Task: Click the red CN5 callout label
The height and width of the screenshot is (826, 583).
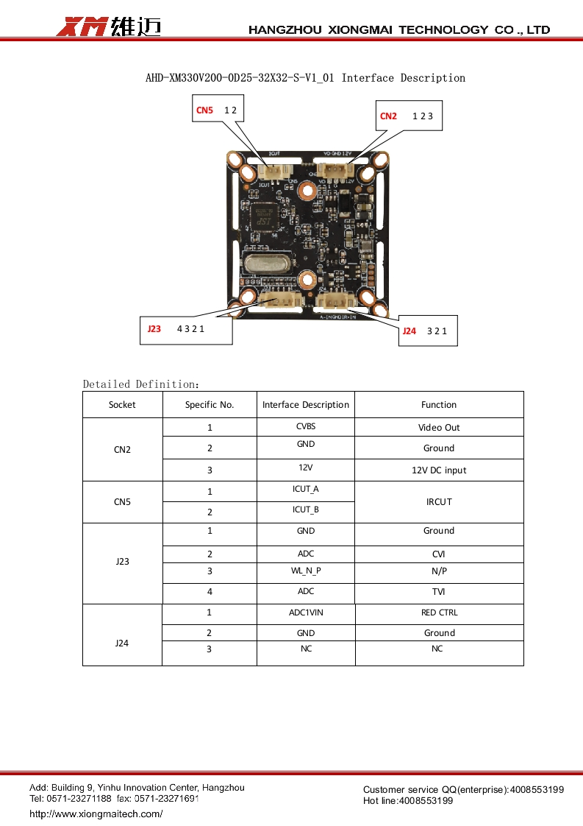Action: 204,110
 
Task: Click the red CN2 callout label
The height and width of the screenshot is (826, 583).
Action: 388,116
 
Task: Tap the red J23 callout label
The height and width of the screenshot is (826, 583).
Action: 154,329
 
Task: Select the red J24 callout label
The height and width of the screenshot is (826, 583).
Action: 409,331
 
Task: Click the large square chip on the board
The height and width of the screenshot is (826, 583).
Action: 265,216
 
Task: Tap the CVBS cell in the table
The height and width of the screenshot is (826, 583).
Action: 306,426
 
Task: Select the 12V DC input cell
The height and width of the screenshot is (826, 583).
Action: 439,470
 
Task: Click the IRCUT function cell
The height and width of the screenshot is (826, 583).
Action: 439,502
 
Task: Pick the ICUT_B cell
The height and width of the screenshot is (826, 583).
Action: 306,509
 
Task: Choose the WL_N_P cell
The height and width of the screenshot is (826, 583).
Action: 306,571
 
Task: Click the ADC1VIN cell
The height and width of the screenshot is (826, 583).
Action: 306,613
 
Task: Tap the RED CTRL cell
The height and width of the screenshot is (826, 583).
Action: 439,613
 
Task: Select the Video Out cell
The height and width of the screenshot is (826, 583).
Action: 439,428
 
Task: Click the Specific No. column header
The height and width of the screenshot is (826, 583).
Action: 210,405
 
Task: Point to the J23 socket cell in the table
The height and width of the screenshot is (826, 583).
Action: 122,562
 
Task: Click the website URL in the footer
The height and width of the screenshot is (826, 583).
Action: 96,813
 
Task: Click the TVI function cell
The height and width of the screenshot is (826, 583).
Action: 439,592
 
